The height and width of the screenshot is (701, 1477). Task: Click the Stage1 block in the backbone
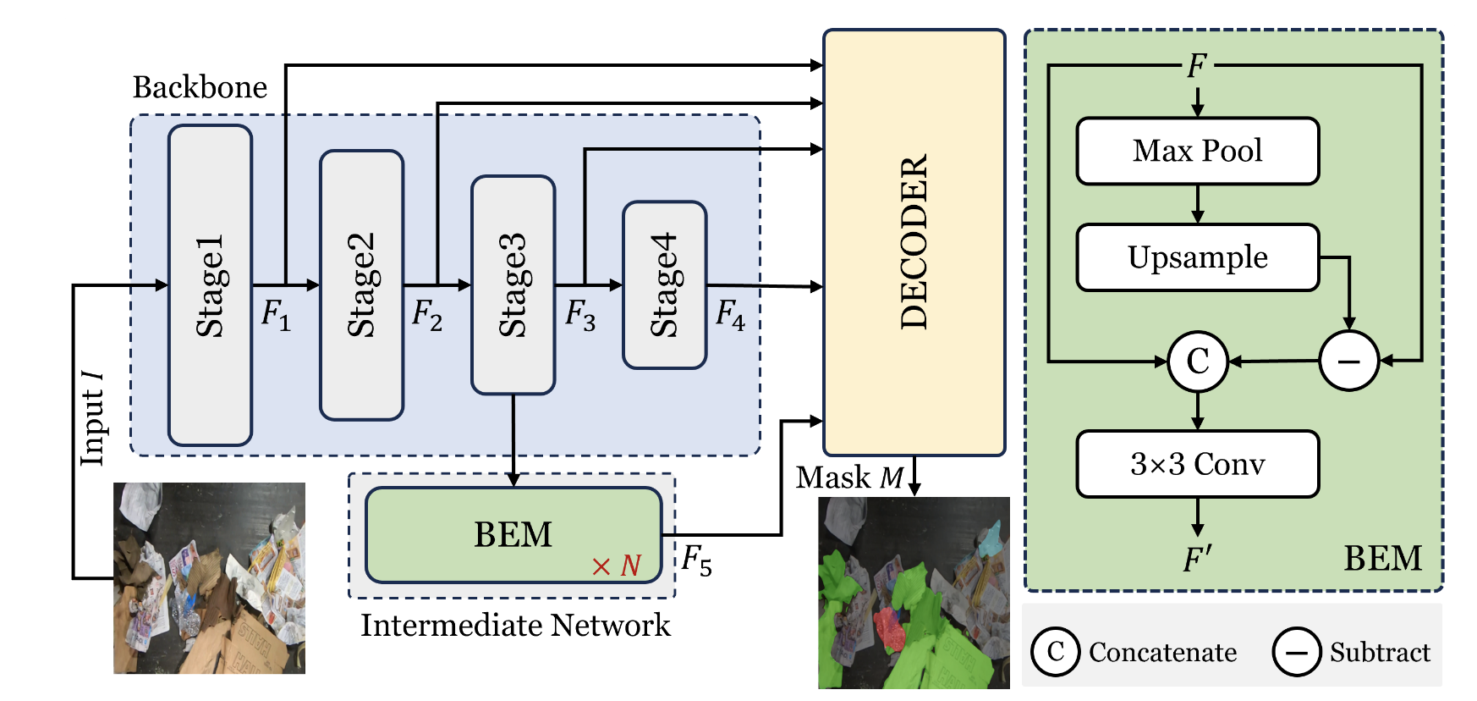[x=210, y=285]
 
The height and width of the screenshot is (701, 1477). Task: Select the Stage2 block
[x=361, y=285]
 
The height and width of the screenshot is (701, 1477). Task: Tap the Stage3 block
[x=513, y=285]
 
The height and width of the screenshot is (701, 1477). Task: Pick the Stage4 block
[x=664, y=285]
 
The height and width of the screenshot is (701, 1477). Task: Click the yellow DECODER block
[x=914, y=243]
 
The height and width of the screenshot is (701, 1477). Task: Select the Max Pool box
[x=1197, y=151]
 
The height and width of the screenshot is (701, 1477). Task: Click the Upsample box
[x=1197, y=257]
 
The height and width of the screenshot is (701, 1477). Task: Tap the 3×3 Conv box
[x=1197, y=464]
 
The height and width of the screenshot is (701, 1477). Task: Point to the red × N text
[x=616, y=566]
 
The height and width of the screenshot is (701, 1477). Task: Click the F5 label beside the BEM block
[x=696, y=560]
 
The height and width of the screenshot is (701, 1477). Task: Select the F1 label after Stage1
[x=276, y=315]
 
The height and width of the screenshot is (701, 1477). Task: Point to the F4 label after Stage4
[x=730, y=315]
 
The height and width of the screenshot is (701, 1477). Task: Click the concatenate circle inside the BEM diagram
[x=1197, y=362]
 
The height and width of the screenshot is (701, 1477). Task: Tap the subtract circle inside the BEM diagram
[x=1348, y=362]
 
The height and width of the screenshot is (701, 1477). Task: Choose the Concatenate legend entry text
[x=1162, y=652]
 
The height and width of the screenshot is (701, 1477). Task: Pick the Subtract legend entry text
[x=1380, y=652]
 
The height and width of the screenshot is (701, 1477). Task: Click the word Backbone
[x=200, y=87]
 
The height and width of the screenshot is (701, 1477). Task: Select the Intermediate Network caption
[x=515, y=626]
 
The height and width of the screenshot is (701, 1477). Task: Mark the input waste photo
[x=209, y=578]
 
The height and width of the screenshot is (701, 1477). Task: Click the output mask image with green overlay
[x=914, y=593]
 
